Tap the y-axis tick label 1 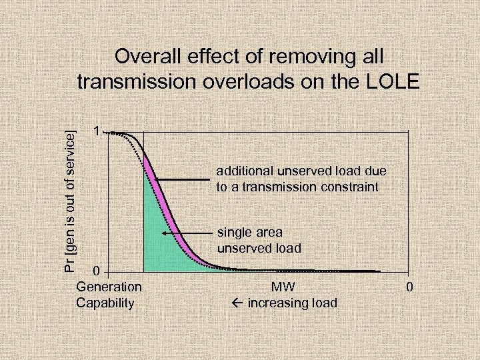pyautogui.click(x=97, y=132)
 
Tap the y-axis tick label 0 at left pyautogui.click(x=97, y=271)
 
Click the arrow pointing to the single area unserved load pyautogui.click(x=187, y=233)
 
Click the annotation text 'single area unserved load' pyautogui.click(x=259, y=240)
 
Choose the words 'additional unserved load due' pyautogui.click(x=301, y=171)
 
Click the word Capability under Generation pyautogui.click(x=105, y=303)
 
